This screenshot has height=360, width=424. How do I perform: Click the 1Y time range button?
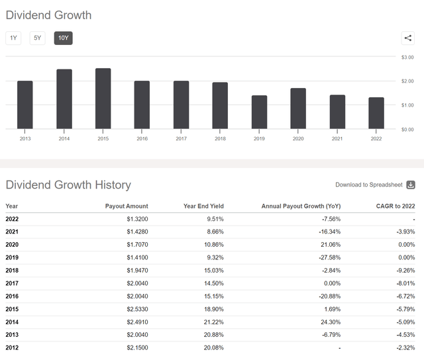[x=13, y=38]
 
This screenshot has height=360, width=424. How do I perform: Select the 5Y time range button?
[x=38, y=38]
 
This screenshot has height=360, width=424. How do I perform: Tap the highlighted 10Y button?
[x=63, y=38]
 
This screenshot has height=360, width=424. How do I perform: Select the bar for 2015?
[x=103, y=99]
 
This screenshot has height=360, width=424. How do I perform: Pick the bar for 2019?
[x=259, y=112]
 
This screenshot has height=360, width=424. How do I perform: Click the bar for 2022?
[x=376, y=113]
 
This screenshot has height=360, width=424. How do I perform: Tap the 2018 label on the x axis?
[x=220, y=139]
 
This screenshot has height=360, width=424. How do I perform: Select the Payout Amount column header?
[x=127, y=206]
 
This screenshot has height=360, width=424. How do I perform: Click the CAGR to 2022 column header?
[x=394, y=206]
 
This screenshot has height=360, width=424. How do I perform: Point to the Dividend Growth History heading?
[x=68, y=185]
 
